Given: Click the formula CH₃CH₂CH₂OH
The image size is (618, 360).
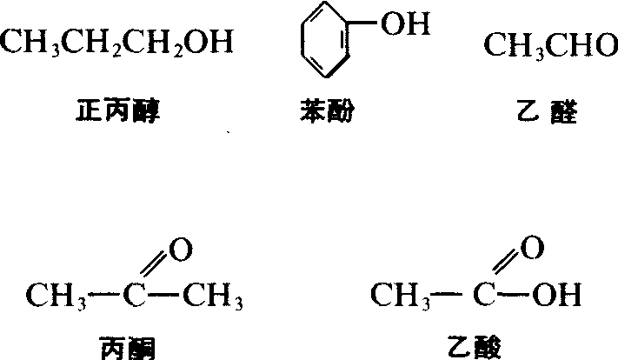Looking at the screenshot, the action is pos(116,43).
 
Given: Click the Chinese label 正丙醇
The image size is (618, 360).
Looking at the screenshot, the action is pos(118,110).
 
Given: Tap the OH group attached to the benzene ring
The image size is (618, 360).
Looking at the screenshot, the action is pos(405,23).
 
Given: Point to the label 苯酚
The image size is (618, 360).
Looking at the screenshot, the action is pos(327,110).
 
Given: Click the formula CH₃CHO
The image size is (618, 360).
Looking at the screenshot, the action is pos(550,45).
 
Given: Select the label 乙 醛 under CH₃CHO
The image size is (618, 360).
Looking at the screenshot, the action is pos(548,112).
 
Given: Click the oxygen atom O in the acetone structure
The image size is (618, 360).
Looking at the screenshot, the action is pos(181,250).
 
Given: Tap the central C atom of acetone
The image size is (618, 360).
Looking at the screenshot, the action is pos(135,295).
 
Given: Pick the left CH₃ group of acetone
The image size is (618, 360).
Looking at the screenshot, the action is pos(56,297).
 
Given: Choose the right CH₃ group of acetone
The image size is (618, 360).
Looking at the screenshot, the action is pos(213,297).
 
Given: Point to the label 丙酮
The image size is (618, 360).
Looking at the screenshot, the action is pos(128,348).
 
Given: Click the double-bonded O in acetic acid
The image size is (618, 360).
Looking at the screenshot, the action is pos(532,247).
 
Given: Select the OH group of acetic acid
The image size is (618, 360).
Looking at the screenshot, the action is pos(556,295).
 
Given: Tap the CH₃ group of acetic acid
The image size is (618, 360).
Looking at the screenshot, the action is pos(401,297).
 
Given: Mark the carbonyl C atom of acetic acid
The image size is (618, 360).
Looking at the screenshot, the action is pos(484,295).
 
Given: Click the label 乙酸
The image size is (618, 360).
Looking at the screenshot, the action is pos(474,347).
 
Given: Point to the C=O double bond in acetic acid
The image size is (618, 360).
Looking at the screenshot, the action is pos(506,262).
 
